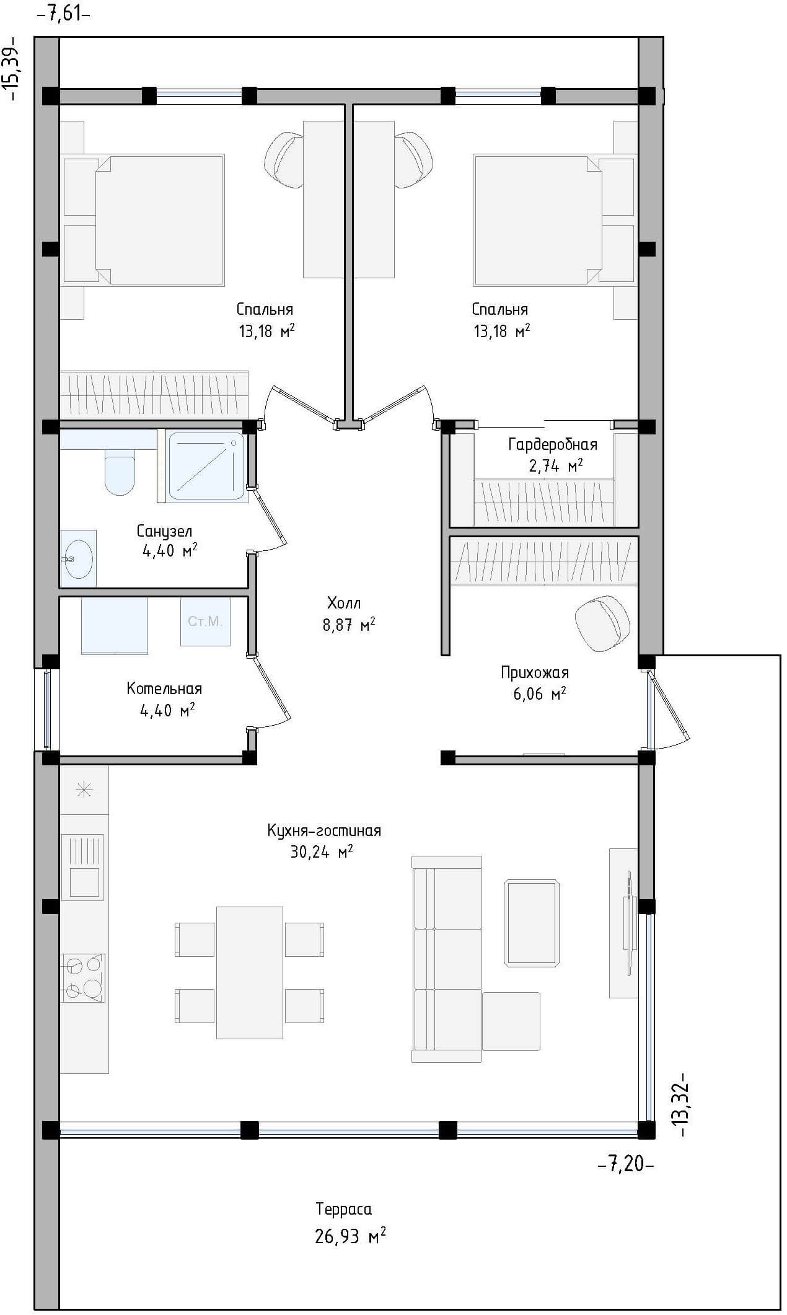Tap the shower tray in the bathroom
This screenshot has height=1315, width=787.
(x=206, y=466)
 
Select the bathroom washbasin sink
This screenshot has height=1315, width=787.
(x=78, y=559)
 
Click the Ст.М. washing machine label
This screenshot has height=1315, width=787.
(x=205, y=621)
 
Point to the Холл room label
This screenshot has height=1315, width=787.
(x=344, y=602)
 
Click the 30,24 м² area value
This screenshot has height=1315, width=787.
(x=321, y=853)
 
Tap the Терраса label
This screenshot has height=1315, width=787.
(x=343, y=1209)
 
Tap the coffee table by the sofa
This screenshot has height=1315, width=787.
(x=532, y=923)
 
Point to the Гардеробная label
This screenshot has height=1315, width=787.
(x=553, y=444)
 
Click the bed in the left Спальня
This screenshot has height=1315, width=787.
(x=159, y=221)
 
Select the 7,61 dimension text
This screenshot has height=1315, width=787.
(x=64, y=14)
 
